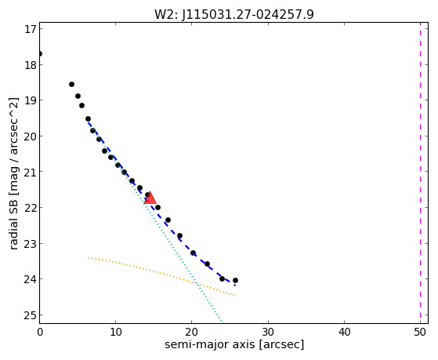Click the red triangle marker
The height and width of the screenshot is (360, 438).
point(150,198)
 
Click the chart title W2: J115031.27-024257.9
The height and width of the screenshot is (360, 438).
point(234,15)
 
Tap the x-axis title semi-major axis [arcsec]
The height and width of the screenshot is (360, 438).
point(234,344)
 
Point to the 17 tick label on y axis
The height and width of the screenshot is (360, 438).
point(31,29)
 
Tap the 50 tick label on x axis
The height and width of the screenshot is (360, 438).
point(420,333)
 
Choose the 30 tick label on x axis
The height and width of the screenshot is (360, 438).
point(268,333)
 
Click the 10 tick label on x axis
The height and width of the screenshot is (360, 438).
point(115,333)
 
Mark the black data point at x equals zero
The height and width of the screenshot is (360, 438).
point(40,53)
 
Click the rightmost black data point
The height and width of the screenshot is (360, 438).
point(235,280)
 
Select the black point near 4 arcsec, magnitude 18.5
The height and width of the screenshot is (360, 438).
point(71,84)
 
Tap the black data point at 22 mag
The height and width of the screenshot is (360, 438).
point(157,207)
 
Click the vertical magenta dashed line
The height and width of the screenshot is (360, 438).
point(420,173)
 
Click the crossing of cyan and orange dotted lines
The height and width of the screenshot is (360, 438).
point(197,284)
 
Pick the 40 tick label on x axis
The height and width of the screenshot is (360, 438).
point(344,333)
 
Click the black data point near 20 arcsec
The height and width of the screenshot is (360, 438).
point(193,253)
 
